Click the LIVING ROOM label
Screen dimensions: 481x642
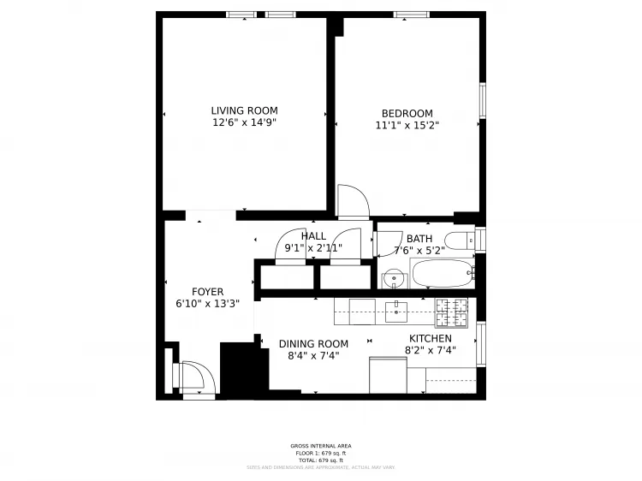coord(245,110)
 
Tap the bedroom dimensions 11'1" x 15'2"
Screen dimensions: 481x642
coord(407,126)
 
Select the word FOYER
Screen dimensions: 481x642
coord(207,292)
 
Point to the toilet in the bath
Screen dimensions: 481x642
coord(463,239)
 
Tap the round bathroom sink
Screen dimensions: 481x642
coord(393,278)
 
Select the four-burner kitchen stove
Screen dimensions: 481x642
coord(452,313)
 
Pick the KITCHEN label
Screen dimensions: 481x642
coord(430,338)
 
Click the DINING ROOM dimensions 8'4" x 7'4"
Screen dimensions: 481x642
coord(314,355)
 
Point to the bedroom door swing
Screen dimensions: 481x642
coord(353,202)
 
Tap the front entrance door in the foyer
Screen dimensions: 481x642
coord(197,378)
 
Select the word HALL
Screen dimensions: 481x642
coord(313,236)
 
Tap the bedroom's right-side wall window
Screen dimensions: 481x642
coord(482,100)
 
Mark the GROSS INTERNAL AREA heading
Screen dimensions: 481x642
coord(320,446)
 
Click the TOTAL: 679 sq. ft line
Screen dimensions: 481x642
coord(320,460)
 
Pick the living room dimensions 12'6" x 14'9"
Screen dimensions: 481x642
coord(245,122)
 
